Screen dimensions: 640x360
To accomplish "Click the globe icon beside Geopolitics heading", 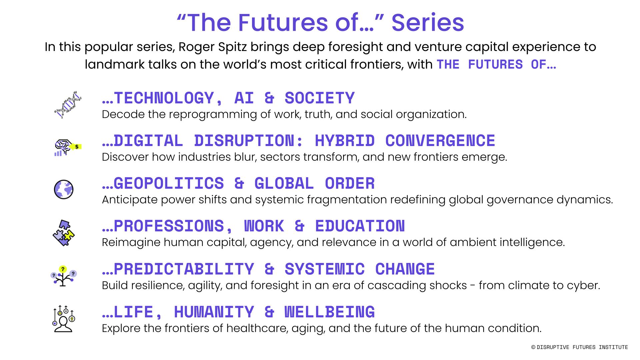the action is click(63, 189).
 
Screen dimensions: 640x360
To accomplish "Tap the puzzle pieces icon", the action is click(63, 233).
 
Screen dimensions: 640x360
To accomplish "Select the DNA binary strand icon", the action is click(68, 105).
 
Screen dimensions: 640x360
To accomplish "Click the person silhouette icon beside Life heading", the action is click(63, 319).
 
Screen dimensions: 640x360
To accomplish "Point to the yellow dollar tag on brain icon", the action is click(76, 147).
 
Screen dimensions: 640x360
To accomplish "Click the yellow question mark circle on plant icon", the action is click(63, 269).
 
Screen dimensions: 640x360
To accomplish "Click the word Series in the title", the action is click(428, 23).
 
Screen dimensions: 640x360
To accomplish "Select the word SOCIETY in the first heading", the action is click(320, 98).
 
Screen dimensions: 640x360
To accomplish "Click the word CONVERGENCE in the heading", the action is click(440, 141).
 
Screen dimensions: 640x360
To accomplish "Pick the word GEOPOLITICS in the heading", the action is click(169, 183).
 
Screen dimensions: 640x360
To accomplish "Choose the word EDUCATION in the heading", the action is click(360, 226).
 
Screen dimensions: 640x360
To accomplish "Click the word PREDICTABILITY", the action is click(184, 269).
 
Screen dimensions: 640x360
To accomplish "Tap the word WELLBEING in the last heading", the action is click(330, 312).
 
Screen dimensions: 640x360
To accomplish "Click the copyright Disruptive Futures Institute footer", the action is click(580, 347).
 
